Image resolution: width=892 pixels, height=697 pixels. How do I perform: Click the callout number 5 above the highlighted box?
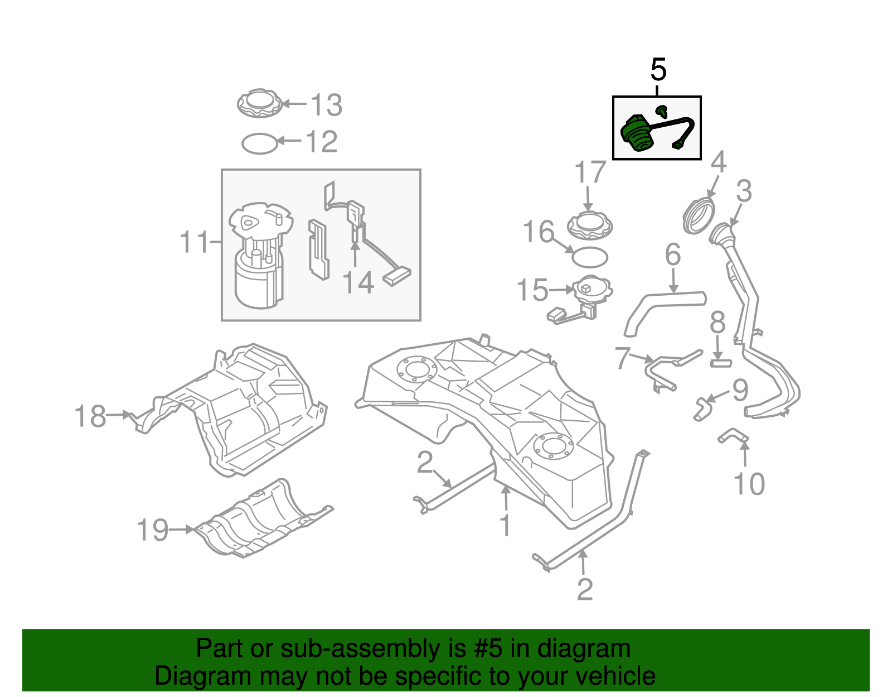(x=658, y=70)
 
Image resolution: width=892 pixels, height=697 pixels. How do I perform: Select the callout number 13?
(x=326, y=105)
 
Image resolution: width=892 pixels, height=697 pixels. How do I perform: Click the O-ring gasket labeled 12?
(x=259, y=143)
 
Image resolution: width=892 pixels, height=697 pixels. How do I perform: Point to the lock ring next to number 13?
(x=259, y=104)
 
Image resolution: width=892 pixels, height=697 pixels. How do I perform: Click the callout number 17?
(x=590, y=172)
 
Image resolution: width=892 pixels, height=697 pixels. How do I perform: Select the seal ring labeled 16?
(x=590, y=257)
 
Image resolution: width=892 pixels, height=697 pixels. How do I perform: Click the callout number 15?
(x=532, y=290)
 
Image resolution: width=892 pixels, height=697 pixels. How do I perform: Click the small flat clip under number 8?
(x=720, y=363)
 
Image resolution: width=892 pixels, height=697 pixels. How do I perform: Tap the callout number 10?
(x=749, y=484)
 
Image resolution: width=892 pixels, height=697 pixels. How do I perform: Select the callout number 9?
(x=740, y=390)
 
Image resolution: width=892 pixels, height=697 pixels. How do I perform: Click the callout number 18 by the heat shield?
(x=90, y=416)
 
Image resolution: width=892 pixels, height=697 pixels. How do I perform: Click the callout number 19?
(x=152, y=530)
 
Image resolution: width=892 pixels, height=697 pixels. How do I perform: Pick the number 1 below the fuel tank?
(x=505, y=525)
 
